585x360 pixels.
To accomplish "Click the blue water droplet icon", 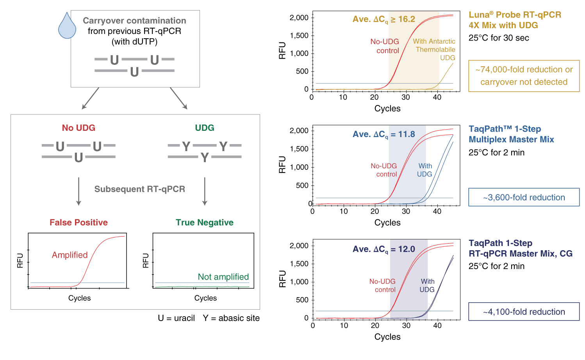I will (67, 26).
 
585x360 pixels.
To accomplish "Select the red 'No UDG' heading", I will (78, 128).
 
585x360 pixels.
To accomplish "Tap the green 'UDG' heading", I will (205, 128).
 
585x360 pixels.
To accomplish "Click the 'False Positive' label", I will (78, 223).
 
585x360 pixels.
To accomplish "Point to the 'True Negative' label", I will (205, 223).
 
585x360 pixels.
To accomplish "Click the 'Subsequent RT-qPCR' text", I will (140, 189).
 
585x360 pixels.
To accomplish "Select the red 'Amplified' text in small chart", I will (70, 255).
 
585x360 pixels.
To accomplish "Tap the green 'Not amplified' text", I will (223, 277).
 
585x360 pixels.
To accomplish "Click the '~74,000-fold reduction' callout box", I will (524, 76).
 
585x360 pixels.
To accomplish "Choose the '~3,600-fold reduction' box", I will (524, 198).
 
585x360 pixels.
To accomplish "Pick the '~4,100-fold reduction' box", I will (524, 312).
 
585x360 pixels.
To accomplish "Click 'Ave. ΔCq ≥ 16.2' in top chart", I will (383, 20).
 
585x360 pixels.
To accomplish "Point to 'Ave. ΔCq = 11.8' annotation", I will (383, 134).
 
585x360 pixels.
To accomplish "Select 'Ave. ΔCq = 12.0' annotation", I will (383, 249).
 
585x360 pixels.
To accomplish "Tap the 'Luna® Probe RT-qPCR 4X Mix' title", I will (515, 20).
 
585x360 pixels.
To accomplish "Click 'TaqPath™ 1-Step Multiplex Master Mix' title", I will (511, 134).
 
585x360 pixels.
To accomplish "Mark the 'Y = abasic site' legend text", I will (231, 318).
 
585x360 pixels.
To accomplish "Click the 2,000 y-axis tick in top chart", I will (299, 18).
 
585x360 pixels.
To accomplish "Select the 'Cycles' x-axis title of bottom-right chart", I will (387, 337).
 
